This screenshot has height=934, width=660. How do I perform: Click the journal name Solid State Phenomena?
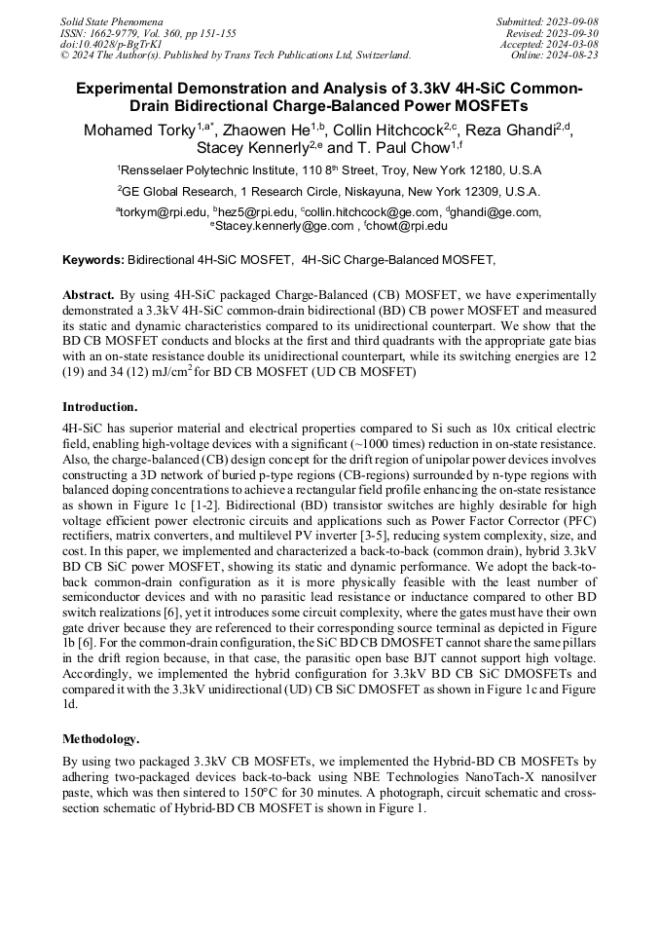(111, 20)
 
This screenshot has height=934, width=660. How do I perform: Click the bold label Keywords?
(93, 260)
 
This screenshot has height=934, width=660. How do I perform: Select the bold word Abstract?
(89, 294)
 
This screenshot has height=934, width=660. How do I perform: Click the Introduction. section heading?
(100, 406)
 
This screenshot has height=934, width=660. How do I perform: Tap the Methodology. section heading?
(101, 739)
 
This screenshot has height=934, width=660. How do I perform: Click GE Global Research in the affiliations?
(175, 192)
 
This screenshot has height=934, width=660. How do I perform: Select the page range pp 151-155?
(201, 32)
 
